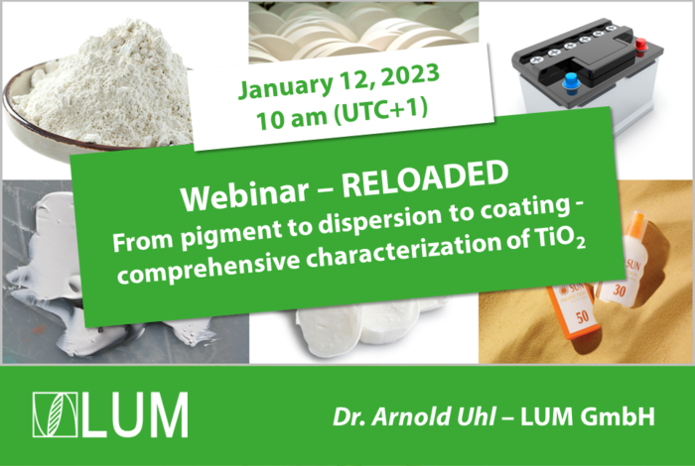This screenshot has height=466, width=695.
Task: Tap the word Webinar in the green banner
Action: coord(244,194)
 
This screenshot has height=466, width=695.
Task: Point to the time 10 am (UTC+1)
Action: coord(342,113)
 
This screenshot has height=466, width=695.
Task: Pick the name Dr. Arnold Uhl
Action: coord(414,416)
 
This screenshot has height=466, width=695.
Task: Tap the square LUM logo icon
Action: coord(56,414)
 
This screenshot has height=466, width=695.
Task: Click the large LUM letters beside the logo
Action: coord(135,414)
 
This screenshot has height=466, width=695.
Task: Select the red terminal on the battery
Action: coord(641,46)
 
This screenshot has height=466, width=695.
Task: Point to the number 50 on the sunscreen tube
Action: coord(583,317)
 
